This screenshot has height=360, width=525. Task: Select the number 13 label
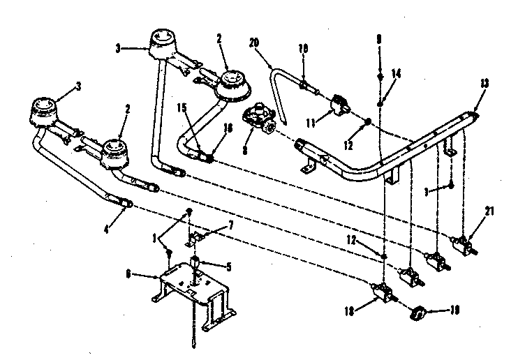coord(485,82)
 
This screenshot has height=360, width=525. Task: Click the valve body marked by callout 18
coord(379,294)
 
